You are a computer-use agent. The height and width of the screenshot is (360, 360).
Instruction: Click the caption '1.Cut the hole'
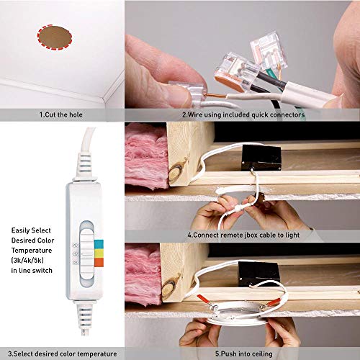62,114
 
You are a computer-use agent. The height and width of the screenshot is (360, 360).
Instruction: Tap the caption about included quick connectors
243,114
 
